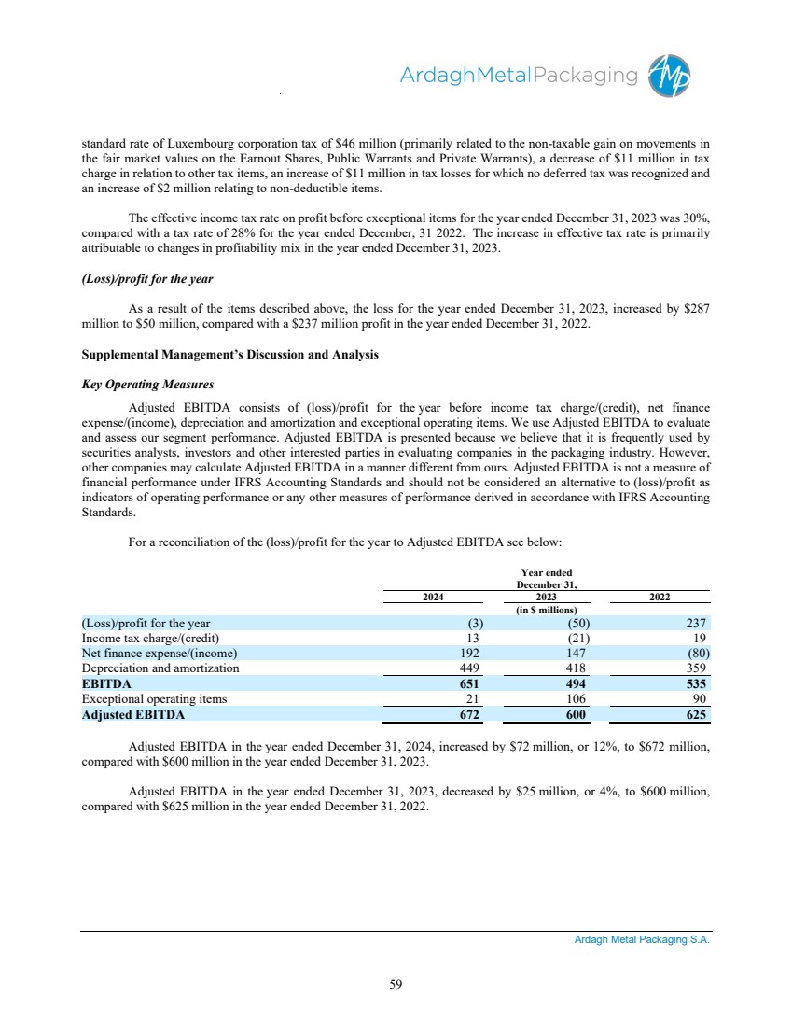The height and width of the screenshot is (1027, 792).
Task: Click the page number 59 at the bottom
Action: click(x=396, y=983)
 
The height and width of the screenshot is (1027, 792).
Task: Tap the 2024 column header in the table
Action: click(x=432, y=598)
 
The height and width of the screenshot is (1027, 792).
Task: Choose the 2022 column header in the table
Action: click(x=661, y=598)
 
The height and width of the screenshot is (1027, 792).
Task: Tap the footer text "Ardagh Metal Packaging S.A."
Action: click(x=641, y=940)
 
